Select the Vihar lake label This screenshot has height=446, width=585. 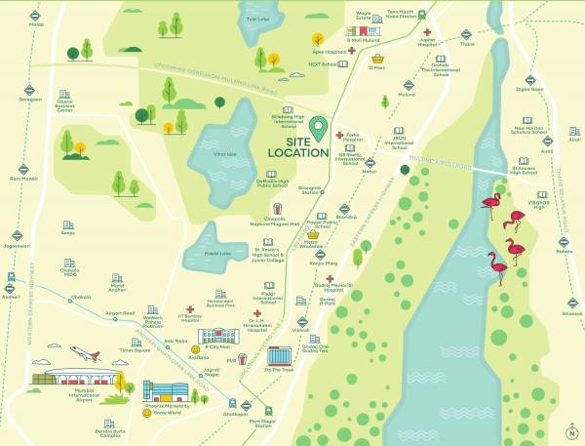click(x=225, y=154)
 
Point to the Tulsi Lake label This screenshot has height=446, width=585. click(x=257, y=18)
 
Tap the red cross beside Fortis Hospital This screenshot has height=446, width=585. click(x=339, y=135)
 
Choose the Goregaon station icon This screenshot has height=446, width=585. click(x=30, y=89)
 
